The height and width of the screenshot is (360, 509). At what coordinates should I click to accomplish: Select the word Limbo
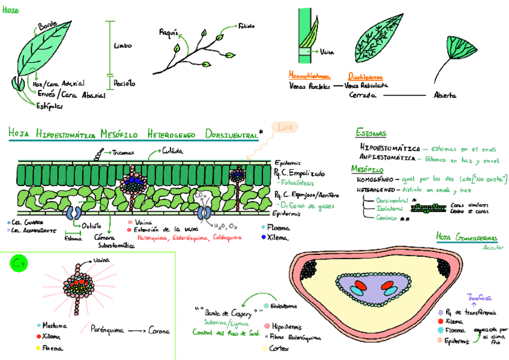[x=122, y=46]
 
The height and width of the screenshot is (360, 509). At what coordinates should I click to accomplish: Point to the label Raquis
[x=167, y=32]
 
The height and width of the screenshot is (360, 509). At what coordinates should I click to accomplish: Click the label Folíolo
[x=246, y=26]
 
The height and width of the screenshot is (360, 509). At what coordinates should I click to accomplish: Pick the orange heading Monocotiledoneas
[x=310, y=76]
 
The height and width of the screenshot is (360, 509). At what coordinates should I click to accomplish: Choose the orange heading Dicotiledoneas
[x=367, y=76]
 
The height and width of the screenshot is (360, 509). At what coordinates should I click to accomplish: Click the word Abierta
[x=445, y=95]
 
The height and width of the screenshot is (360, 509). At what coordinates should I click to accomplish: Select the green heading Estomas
[x=370, y=133]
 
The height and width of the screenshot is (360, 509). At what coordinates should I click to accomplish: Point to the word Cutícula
[x=172, y=153]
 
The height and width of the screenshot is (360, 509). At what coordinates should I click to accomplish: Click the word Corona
[x=159, y=331]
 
